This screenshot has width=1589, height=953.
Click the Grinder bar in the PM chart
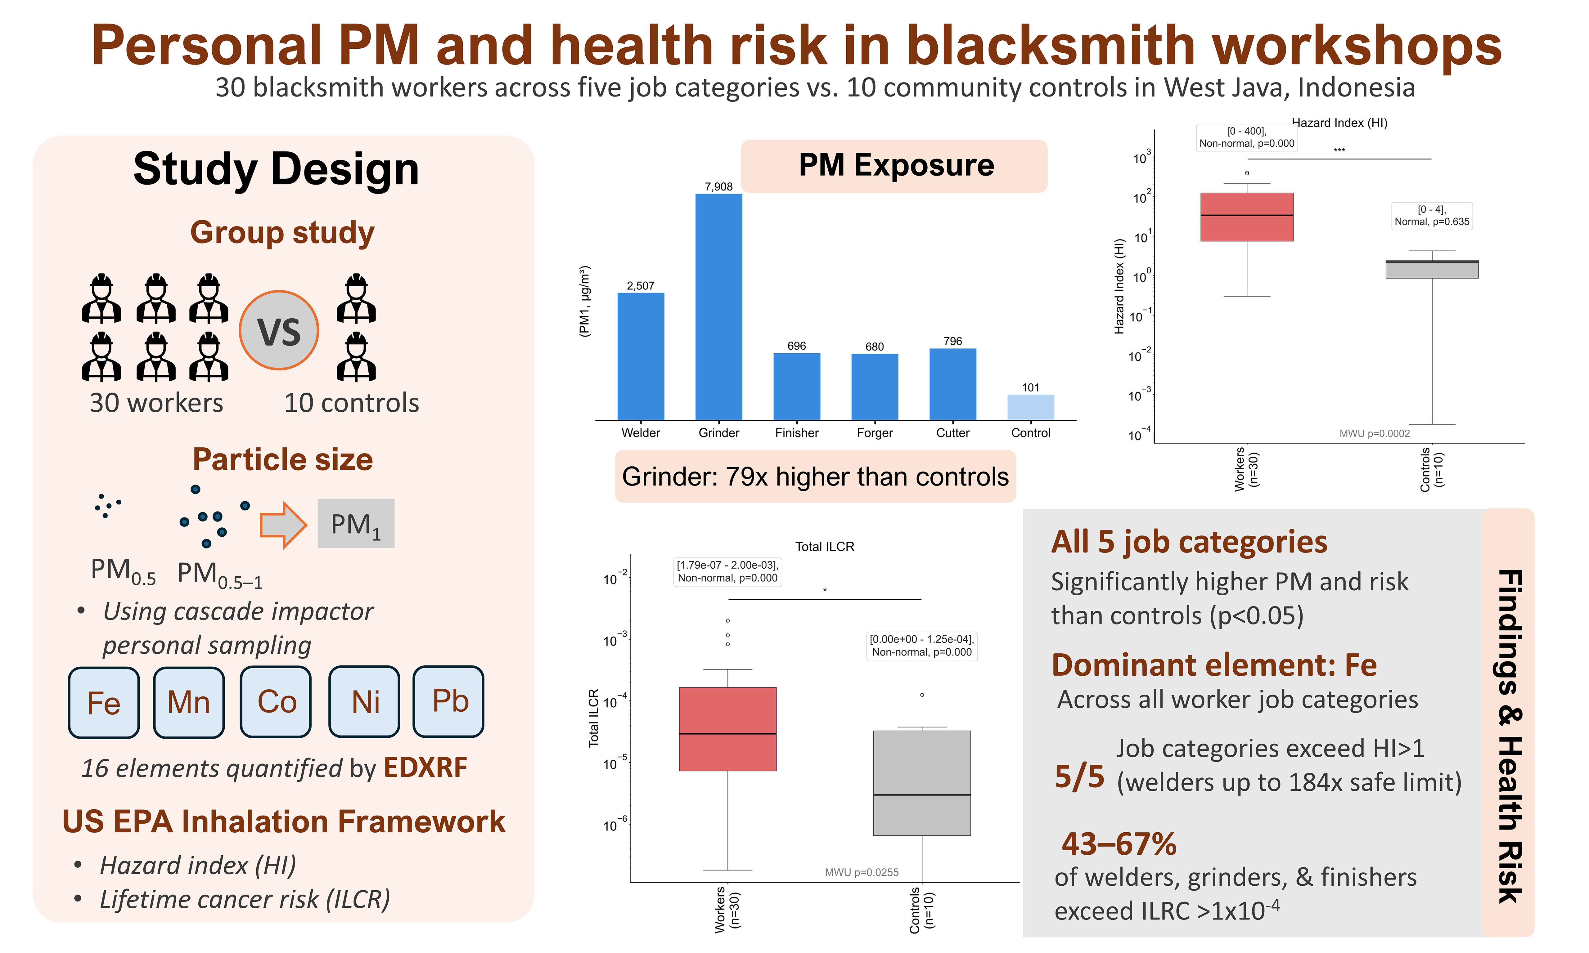click(719, 307)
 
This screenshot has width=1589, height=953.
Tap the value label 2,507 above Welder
click(640, 286)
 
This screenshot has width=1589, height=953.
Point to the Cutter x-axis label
click(952, 433)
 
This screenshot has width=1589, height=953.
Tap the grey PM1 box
click(356, 523)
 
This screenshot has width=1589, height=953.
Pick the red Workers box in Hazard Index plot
click(1247, 217)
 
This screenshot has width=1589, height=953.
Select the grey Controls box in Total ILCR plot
click(922, 783)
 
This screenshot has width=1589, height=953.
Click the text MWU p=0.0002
click(1375, 433)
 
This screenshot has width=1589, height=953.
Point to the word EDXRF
click(425, 767)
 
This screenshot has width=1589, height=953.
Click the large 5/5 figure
click(1080, 777)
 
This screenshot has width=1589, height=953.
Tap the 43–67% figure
click(1119, 844)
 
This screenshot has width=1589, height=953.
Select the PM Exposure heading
click(896, 165)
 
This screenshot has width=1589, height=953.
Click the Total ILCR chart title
click(825, 547)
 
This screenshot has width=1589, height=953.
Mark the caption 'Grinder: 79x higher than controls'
click(815, 476)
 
